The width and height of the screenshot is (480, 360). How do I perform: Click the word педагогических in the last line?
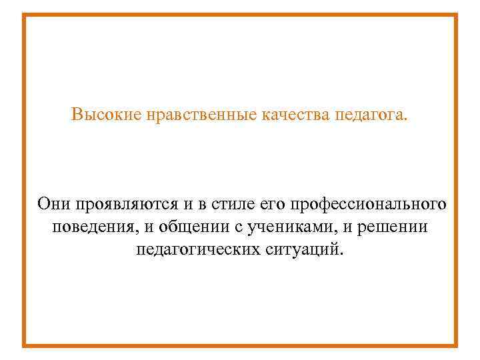coord(195,250)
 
